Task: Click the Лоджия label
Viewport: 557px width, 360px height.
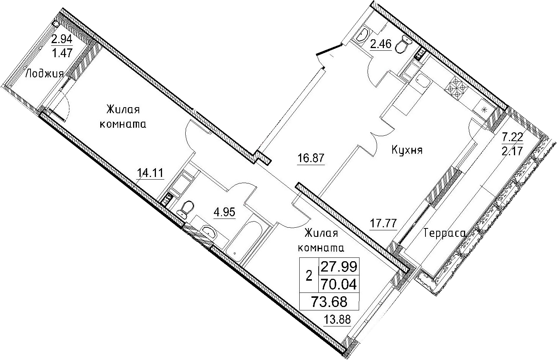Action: click(45, 74)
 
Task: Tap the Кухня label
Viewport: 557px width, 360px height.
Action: click(407, 150)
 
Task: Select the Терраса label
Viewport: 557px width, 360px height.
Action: click(444, 233)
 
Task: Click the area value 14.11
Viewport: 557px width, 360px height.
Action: click(150, 173)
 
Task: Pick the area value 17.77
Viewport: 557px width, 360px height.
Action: click(383, 223)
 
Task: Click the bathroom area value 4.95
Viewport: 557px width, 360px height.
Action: click(224, 212)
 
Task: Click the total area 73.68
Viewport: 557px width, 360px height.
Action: click(329, 302)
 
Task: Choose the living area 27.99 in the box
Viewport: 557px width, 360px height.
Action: click(339, 267)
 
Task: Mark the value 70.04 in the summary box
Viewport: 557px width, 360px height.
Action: click(339, 284)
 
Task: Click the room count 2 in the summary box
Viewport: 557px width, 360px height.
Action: click(309, 276)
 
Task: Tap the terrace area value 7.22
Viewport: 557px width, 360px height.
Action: click(512, 137)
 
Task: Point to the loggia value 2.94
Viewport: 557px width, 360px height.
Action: click(62, 39)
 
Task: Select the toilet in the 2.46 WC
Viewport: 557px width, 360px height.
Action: click(403, 45)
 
